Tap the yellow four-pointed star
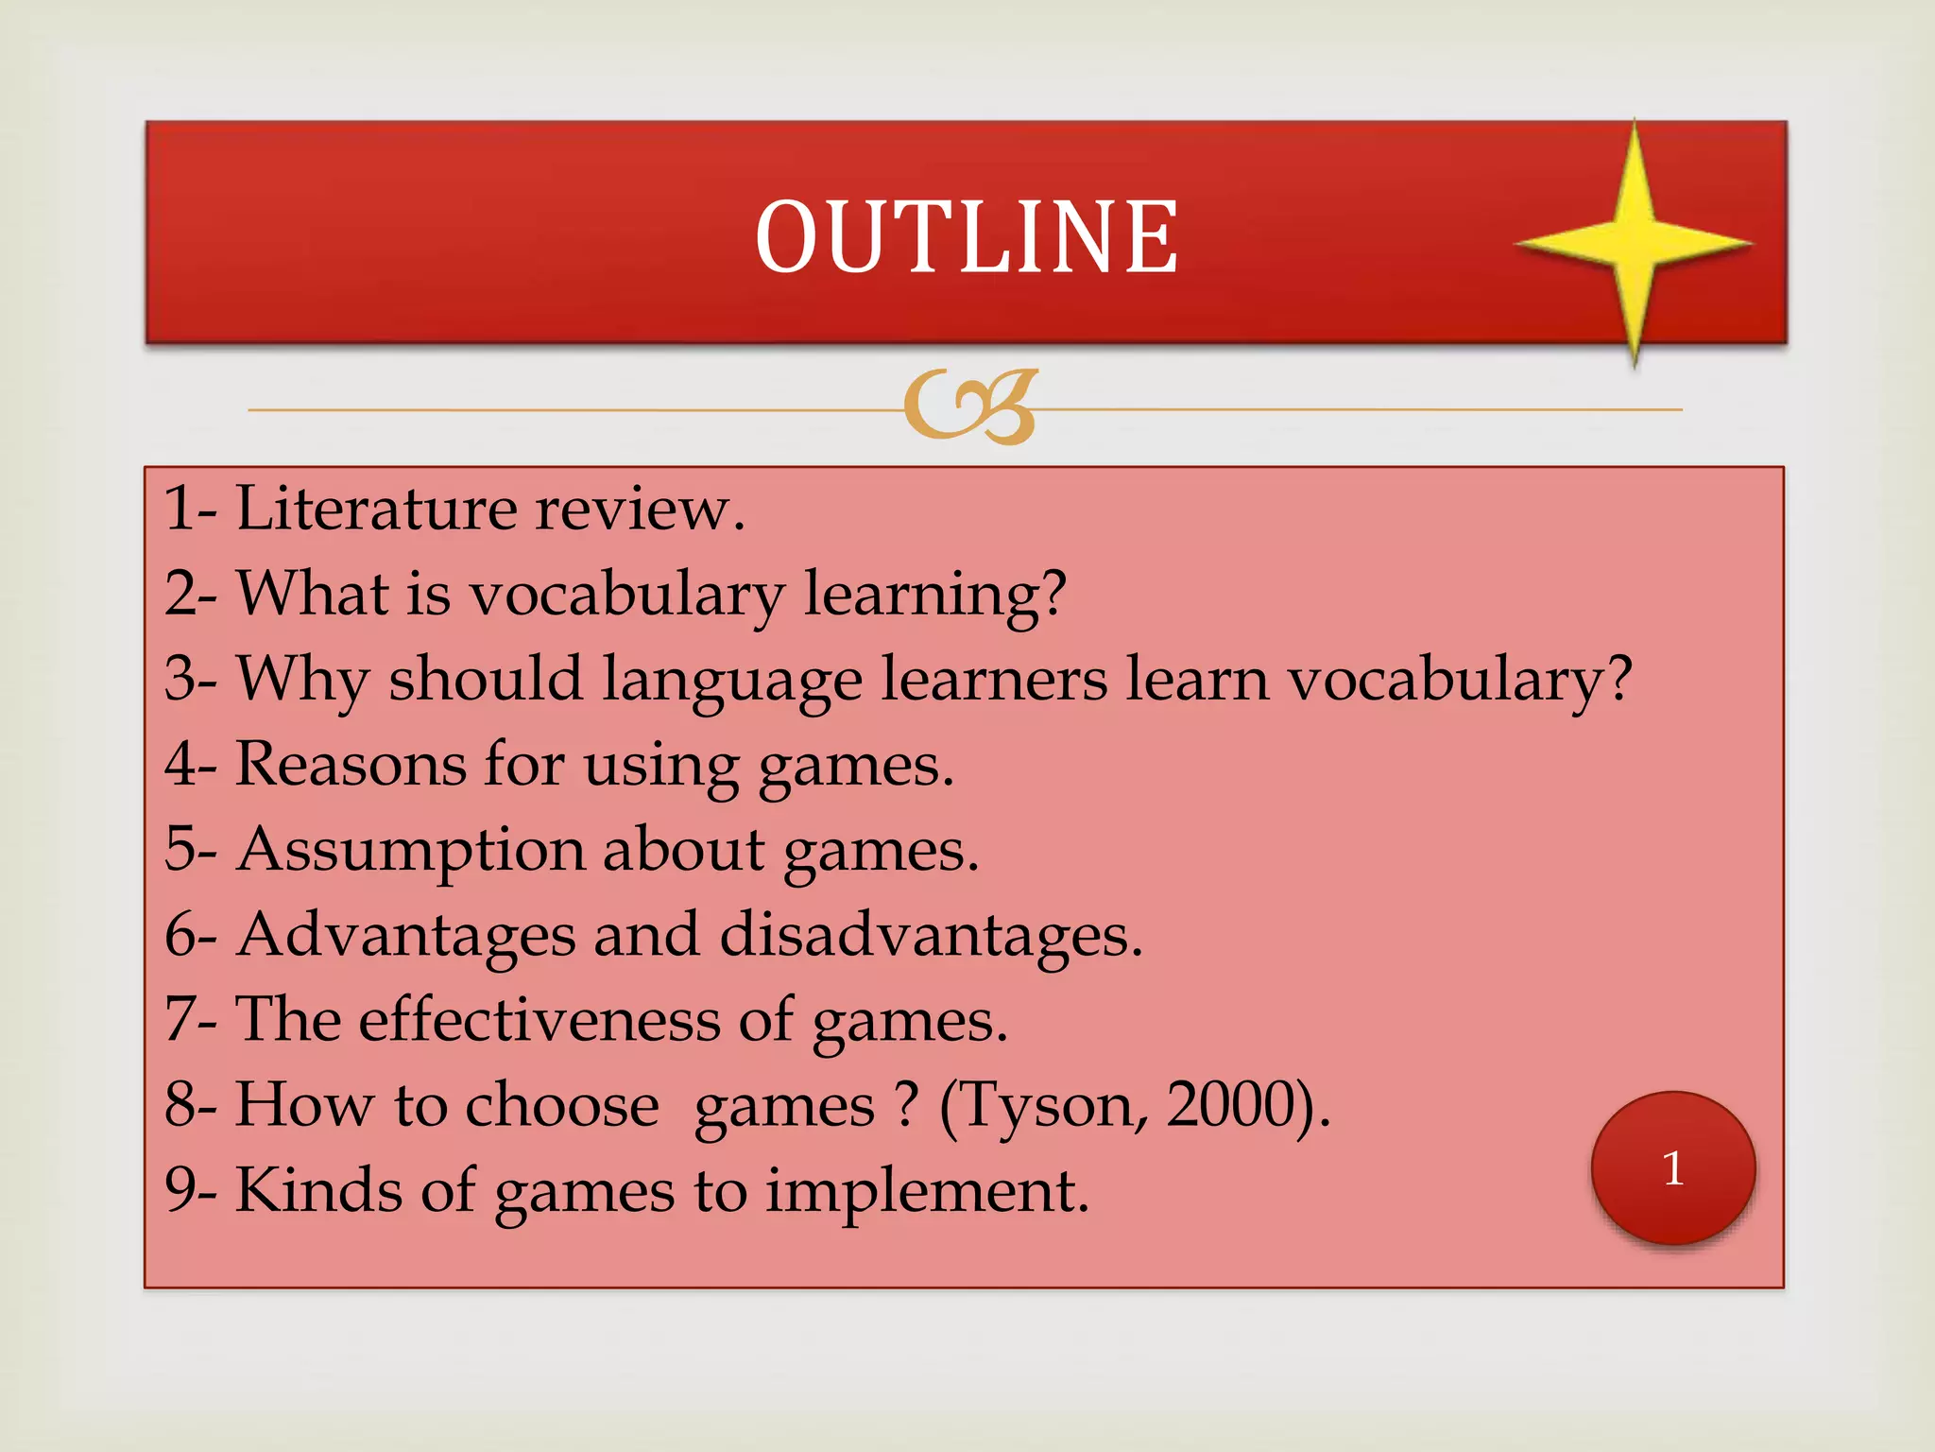[x=1634, y=242]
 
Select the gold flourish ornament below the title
[x=970, y=407]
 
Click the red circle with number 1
[x=1673, y=1168]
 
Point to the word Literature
[x=375, y=509]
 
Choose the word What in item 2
[x=313, y=594]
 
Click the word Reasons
[x=350, y=764]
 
